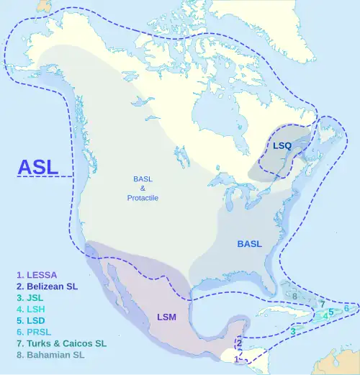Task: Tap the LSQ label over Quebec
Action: coord(282,146)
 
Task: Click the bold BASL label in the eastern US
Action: coord(249,244)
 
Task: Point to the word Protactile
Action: coord(143,198)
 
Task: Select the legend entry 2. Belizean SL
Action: coord(48,285)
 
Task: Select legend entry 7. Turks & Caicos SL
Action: coord(60,343)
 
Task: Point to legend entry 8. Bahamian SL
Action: coord(50,355)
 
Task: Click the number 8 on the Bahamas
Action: coord(294,296)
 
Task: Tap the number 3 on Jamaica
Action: coord(294,330)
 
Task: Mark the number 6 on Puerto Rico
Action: coord(346,308)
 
